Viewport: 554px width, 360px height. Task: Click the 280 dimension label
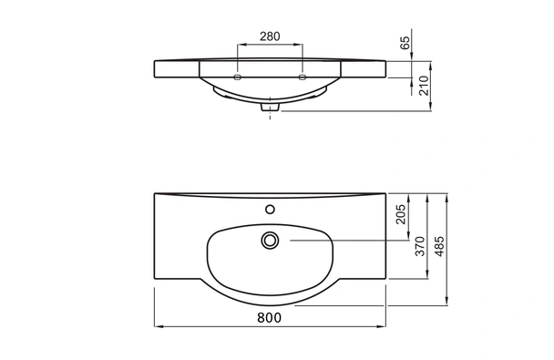270,36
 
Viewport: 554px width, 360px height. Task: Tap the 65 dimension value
405,43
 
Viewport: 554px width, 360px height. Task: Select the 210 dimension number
424,86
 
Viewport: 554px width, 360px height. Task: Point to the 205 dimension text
401,214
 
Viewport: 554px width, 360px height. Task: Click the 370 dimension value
420,246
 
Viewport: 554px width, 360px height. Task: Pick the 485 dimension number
439,246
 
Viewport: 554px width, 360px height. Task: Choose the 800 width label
269,317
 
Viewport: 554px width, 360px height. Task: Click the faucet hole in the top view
270,210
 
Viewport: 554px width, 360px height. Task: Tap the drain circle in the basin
270,241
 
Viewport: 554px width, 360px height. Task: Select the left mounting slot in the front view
238,77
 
